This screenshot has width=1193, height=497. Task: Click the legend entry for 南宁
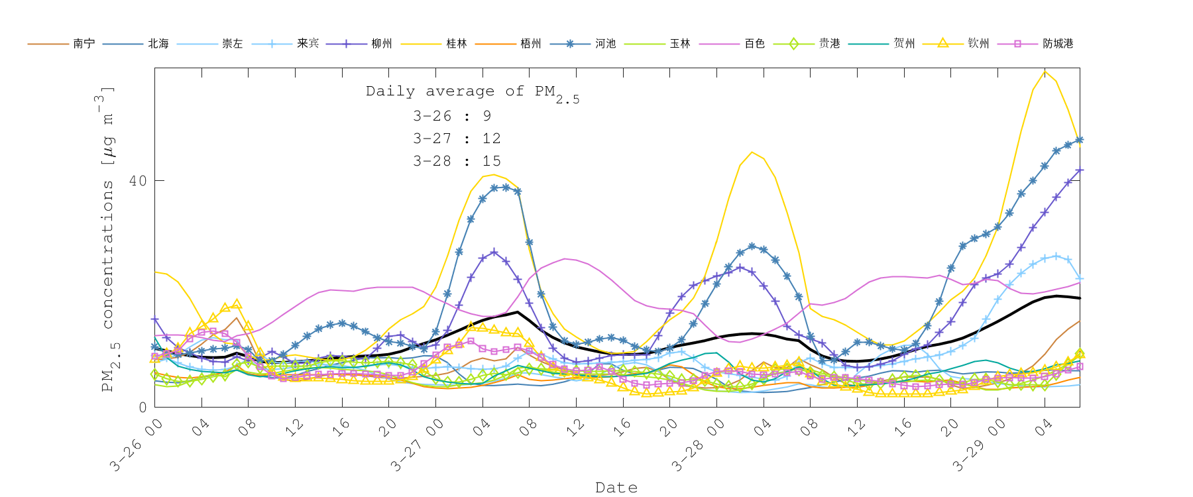click(x=84, y=44)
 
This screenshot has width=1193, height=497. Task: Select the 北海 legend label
click(x=158, y=44)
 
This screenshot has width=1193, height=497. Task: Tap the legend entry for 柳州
click(x=382, y=44)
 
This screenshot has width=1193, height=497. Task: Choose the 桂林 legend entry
click(x=457, y=44)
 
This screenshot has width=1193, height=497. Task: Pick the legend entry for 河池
click(x=605, y=44)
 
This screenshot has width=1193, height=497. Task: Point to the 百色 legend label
click(x=754, y=44)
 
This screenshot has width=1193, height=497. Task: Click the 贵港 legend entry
click(x=829, y=44)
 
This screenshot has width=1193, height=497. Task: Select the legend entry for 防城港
click(x=1058, y=44)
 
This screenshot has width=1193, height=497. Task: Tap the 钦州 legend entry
click(x=978, y=44)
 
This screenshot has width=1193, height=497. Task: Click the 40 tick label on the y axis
click(x=137, y=181)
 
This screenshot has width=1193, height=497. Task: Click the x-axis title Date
click(x=616, y=488)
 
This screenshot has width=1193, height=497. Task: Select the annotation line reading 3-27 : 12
click(x=457, y=138)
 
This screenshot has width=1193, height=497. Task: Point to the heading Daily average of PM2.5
click(x=472, y=92)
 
